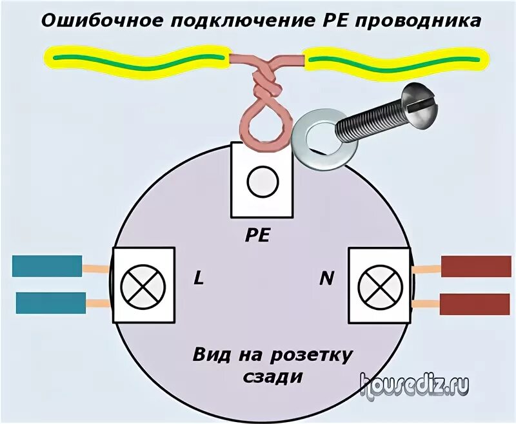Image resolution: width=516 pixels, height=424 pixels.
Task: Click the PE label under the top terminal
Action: tap(258, 236)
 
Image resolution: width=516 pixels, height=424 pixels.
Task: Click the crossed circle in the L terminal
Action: tap(143, 285)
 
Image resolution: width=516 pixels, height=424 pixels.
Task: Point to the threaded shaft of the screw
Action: tap(368, 122)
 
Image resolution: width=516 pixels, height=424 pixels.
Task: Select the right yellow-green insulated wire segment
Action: tap(393, 59)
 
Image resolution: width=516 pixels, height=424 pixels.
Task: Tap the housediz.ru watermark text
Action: tap(415, 385)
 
